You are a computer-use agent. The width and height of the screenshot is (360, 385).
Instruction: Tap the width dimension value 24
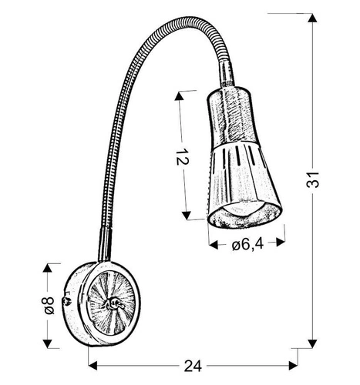pos(193,368)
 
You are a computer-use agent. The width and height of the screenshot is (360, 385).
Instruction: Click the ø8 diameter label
pos(48,304)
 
